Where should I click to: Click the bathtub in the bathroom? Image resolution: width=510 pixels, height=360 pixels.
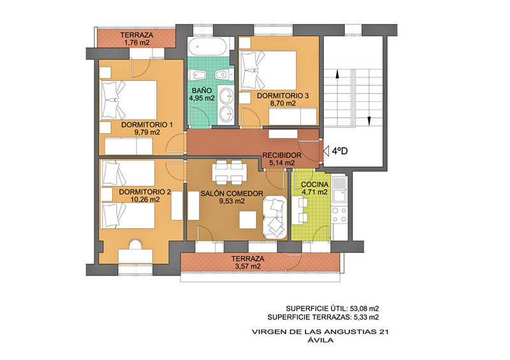[208, 47]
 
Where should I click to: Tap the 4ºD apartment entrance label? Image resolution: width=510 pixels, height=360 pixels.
[340, 151]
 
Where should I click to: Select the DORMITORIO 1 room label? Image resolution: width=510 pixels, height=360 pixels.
[147, 125]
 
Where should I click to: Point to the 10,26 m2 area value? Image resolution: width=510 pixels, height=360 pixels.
[145, 199]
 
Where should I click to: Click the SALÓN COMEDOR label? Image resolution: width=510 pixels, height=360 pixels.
[231, 194]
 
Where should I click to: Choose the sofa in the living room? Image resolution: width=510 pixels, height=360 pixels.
[275, 217]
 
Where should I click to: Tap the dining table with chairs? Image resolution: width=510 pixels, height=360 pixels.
[229, 171]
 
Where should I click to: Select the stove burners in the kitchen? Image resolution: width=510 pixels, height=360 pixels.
[340, 215]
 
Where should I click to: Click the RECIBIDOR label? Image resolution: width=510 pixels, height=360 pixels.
[282, 155]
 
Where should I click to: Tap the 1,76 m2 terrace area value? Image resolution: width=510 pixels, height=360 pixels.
[136, 43]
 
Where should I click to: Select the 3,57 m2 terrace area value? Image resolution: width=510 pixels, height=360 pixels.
[247, 266]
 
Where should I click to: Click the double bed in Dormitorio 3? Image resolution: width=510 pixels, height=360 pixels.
[268, 70]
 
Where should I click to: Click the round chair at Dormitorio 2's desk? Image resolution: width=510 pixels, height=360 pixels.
[135, 243]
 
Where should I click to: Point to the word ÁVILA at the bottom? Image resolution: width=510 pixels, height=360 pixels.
[321, 340]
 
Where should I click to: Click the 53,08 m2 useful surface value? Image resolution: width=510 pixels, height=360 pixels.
[363, 308]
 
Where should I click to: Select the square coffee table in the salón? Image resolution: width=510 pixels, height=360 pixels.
[248, 220]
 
